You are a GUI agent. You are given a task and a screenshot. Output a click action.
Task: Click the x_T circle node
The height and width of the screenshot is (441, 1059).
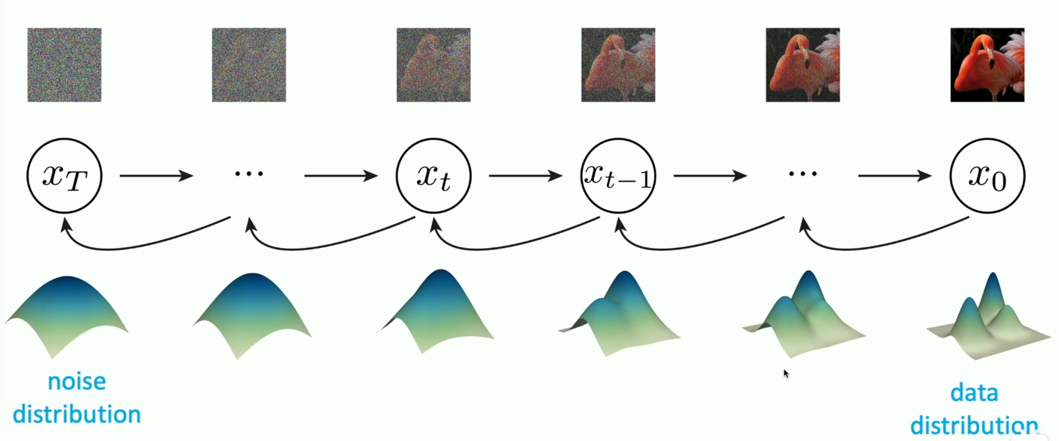(64, 176)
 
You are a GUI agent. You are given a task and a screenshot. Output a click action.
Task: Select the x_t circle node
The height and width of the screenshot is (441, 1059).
(433, 176)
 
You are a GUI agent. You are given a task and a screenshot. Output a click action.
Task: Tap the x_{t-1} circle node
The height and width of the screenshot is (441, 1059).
(618, 176)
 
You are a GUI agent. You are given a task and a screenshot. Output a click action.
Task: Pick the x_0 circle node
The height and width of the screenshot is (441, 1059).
(987, 176)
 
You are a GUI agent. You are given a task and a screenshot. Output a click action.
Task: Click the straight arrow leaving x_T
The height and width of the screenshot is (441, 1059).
(156, 176)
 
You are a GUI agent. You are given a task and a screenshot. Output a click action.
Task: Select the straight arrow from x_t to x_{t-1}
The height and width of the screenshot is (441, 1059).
(525, 176)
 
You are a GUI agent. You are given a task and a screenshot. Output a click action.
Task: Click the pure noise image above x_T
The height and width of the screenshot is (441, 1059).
(64, 65)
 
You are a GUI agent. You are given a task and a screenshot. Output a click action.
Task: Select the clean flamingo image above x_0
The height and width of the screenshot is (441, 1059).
(987, 65)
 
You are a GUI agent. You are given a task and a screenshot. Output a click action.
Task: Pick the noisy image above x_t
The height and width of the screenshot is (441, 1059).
(433, 65)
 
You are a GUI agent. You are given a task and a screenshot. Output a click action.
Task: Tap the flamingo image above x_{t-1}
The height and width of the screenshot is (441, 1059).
(618, 65)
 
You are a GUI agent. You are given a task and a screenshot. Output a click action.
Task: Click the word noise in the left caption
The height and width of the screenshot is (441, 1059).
(77, 382)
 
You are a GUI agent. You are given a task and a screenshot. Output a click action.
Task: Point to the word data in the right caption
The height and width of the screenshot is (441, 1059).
(974, 393)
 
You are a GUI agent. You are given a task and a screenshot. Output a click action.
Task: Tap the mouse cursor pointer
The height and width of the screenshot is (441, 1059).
(786, 373)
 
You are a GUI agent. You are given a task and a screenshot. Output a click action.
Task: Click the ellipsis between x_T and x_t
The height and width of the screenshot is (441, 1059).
(249, 174)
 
